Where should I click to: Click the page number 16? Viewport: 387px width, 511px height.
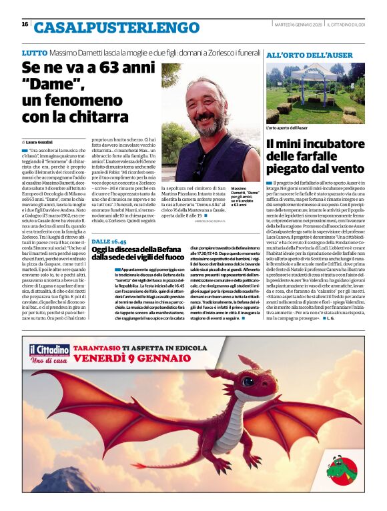[25, 24]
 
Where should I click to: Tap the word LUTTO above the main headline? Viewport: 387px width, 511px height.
[34, 53]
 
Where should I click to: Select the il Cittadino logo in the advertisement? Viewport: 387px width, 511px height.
[49, 351]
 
